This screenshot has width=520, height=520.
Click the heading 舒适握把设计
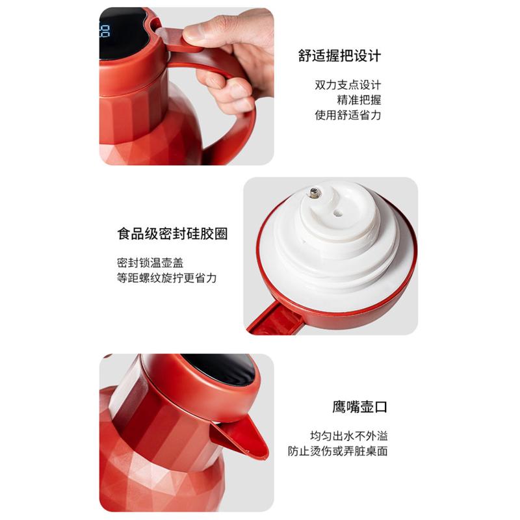pyautogui.click(x=339, y=56)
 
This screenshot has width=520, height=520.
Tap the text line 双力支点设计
pyautogui.click(x=348, y=85)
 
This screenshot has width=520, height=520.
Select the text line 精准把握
pyautogui.click(x=359, y=100)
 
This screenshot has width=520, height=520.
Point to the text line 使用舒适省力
pyautogui.click(x=348, y=115)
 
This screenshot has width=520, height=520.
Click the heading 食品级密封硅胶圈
pyautogui.click(x=172, y=233)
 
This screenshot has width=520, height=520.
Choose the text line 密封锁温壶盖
pyautogui.click(x=150, y=263)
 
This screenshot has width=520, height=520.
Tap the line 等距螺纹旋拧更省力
pyautogui.click(x=167, y=278)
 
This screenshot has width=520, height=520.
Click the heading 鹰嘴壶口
pyautogui.click(x=360, y=407)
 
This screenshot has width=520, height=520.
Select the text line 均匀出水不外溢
pyautogui.click(x=349, y=435)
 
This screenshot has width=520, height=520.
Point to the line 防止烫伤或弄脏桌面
pyautogui.click(x=337, y=451)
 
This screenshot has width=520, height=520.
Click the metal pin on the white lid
pyautogui.click(x=315, y=192)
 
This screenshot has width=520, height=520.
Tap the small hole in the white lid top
pyautogui.click(x=337, y=213)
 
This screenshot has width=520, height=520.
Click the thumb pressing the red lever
pyautogui.click(x=213, y=31)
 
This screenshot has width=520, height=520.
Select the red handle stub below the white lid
pyautogui.click(x=275, y=319)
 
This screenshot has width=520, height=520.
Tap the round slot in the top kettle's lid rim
pyautogui.click(x=155, y=24)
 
